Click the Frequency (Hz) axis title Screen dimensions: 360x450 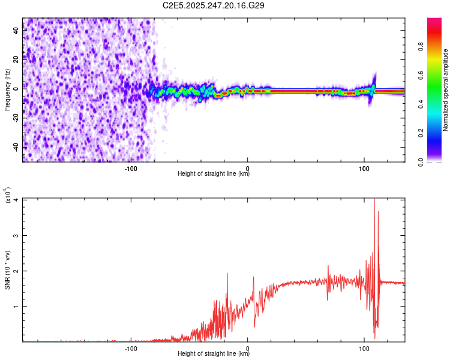pyautogui.click(x=7, y=90)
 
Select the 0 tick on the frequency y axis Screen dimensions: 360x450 pyautogui.click(x=16, y=89)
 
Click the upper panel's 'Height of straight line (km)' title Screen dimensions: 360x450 pyautogui.click(x=214, y=174)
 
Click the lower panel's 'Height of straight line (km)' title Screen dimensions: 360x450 pyautogui.click(x=214, y=354)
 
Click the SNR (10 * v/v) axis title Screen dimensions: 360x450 pyautogui.click(x=7, y=270)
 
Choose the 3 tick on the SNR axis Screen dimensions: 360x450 pyautogui.click(x=16, y=235)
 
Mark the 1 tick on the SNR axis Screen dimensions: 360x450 pyautogui.click(x=16, y=306)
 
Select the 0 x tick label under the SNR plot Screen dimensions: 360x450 pyautogui.click(x=248, y=347)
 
